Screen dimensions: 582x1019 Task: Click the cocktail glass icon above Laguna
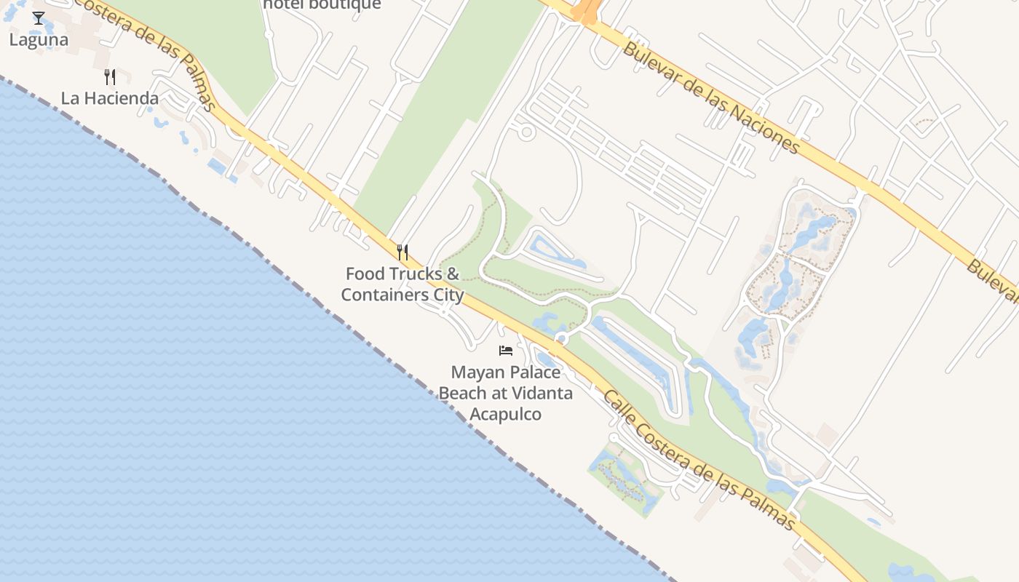pos(39,18)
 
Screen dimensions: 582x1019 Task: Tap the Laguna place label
pos(39,40)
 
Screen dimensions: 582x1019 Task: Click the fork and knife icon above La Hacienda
pos(110,76)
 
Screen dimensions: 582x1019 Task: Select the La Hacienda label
pos(109,98)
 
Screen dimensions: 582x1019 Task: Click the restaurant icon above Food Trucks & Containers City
pos(403,252)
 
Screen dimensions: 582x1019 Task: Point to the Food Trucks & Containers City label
pos(403,284)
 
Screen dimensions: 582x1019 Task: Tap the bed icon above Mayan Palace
pos(506,351)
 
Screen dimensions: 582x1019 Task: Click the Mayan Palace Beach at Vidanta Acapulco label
pos(505,393)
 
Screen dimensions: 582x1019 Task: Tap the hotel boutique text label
pos(322,4)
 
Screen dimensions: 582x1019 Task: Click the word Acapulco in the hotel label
pos(505,414)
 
